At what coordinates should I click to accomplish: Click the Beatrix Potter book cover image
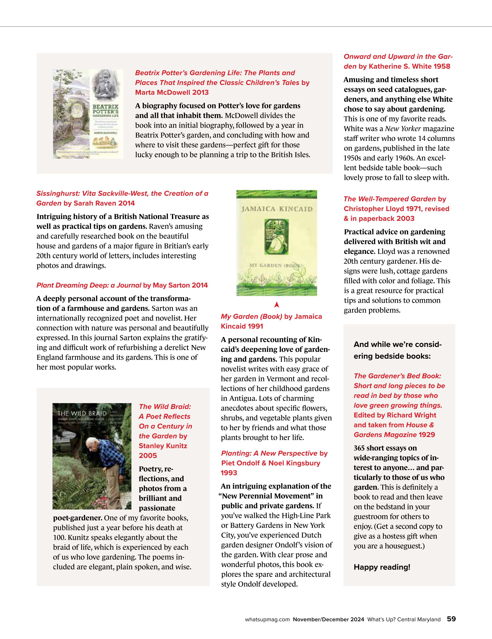[x=88, y=114]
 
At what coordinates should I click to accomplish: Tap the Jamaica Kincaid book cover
[x=276, y=243]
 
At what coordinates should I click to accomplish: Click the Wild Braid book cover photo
[x=92, y=456]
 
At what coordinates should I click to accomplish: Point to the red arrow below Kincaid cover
[x=277, y=305]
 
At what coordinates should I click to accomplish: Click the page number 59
[x=451, y=619]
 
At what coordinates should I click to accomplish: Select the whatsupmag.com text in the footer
[x=267, y=619]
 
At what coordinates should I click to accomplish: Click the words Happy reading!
[x=382, y=567]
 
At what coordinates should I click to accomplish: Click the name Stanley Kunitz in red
[x=163, y=446]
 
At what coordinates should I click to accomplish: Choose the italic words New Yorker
[x=403, y=129]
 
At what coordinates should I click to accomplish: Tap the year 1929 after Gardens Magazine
[x=427, y=434]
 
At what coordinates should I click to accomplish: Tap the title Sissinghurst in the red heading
[x=57, y=193]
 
